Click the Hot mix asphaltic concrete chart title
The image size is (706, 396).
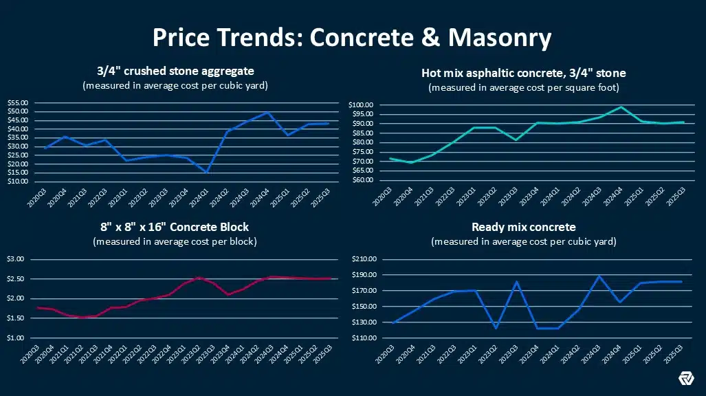pos(523,73)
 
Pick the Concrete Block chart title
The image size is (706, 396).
pos(174,227)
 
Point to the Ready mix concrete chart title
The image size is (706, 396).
pos(523,227)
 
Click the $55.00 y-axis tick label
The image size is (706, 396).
pos(18,103)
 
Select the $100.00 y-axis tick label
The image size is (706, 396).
pos(361,105)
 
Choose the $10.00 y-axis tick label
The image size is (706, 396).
pos(18,181)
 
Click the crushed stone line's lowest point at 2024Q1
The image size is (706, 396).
pos(206,172)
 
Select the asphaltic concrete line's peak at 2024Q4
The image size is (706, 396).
pos(621,107)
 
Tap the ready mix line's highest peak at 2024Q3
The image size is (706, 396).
pos(599,276)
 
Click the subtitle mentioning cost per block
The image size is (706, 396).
pos(174,241)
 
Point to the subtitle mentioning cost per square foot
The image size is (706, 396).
pos(523,88)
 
